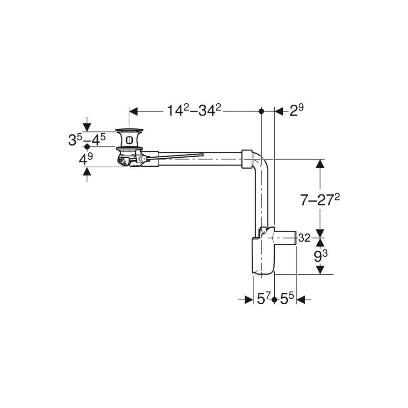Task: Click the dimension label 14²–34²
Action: pyautogui.click(x=194, y=110)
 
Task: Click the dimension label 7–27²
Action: pyautogui.click(x=320, y=200)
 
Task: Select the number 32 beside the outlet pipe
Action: pyautogui.click(x=304, y=238)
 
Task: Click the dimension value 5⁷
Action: pyautogui.click(x=264, y=299)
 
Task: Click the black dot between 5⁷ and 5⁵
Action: pyautogui.click(x=274, y=300)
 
